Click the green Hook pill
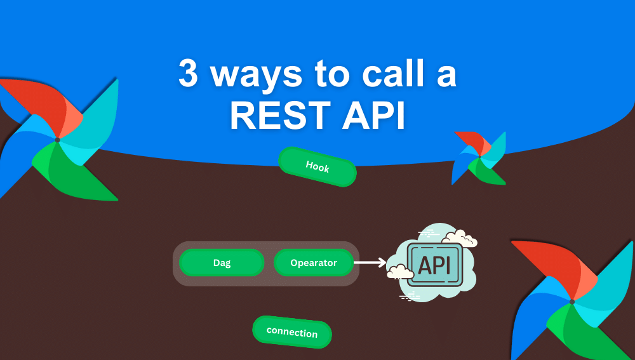pyautogui.click(x=317, y=167)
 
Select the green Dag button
pyautogui.click(x=222, y=263)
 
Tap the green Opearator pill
pyautogui.click(x=314, y=263)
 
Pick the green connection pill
pyautogui.click(x=292, y=332)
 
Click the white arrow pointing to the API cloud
pyautogui.click(x=370, y=262)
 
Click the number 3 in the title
pyautogui.click(x=188, y=75)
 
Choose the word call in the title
pyautogui.click(x=388, y=75)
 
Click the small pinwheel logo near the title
pyautogui.click(x=479, y=158)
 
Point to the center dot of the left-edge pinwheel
pyautogui.click(x=57, y=140)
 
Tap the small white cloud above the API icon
pyautogui.click(x=460, y=239)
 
